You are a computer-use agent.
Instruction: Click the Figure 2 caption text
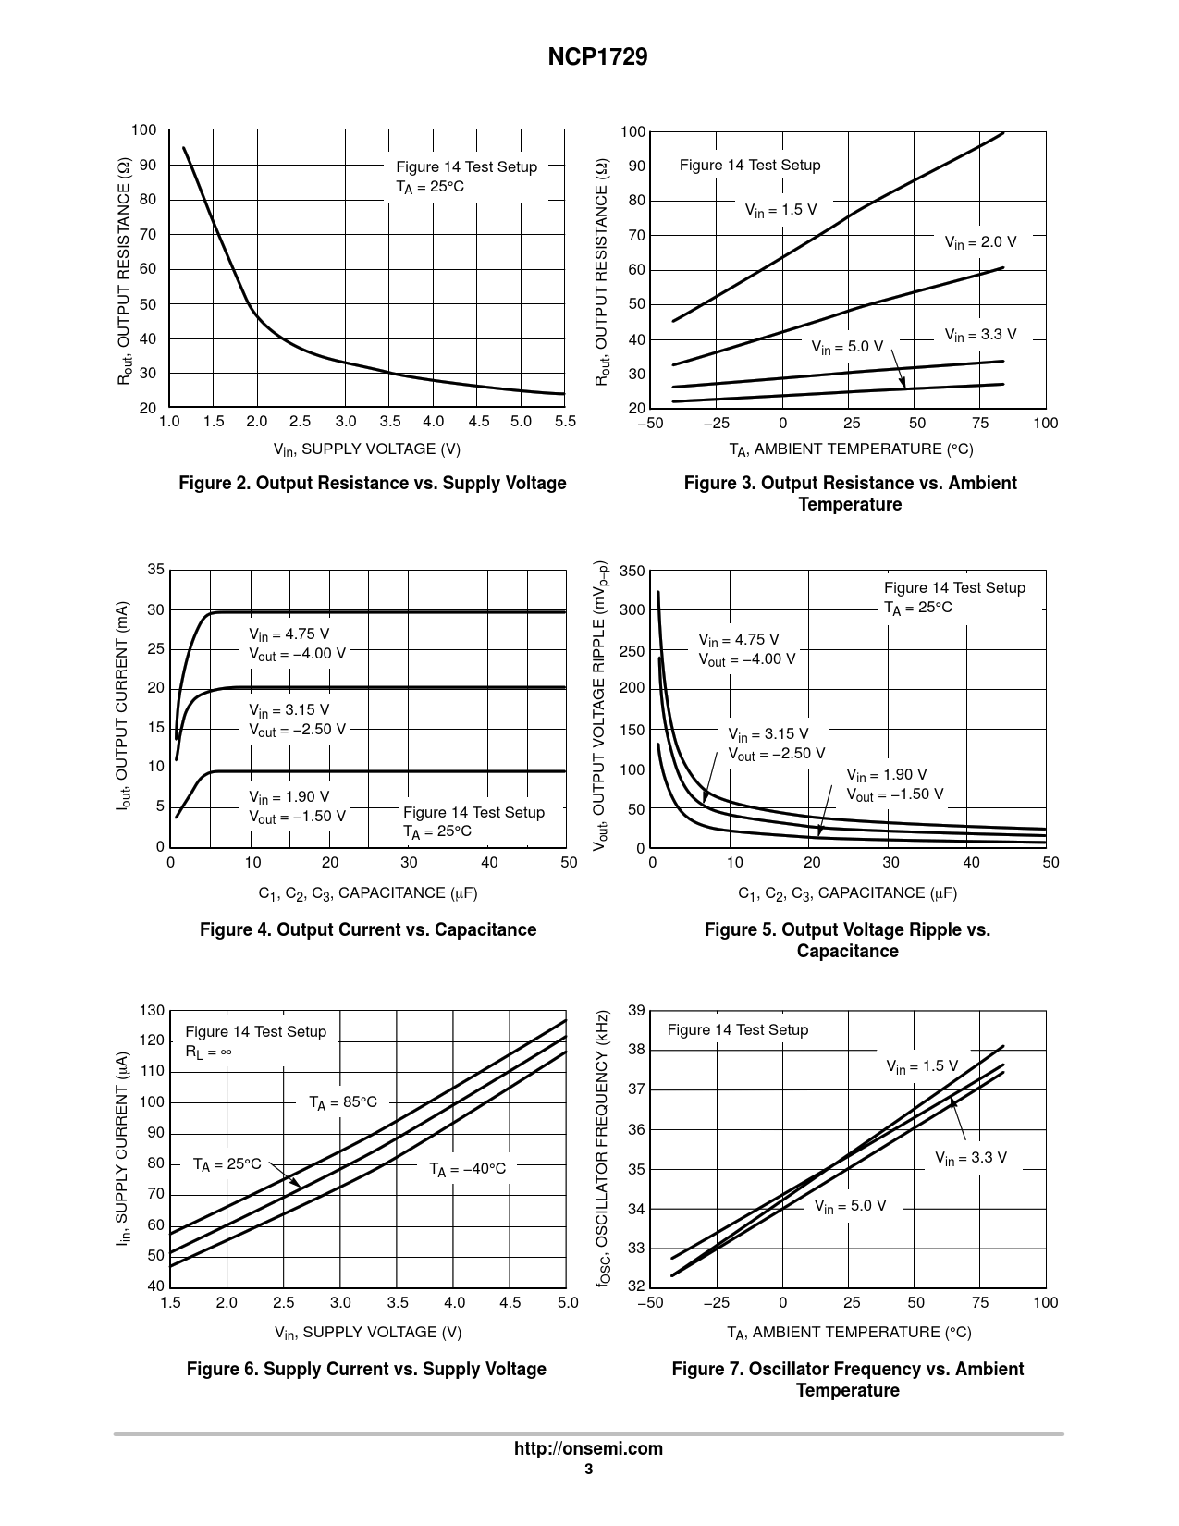[372, 484]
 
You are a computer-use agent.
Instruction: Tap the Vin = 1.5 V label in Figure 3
[780, 210]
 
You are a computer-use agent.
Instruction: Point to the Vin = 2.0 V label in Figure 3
[979, 242]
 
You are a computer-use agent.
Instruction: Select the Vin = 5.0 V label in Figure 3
[847, 347]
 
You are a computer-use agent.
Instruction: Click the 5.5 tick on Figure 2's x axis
[565, 422]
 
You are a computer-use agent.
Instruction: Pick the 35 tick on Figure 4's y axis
[155, 570]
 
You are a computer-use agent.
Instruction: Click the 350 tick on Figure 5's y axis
[632, 572]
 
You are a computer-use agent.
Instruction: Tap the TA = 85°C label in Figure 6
[343, 1102]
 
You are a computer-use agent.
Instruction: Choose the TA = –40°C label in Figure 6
[467, 1169]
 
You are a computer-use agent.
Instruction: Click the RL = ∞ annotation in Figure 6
[208, 1052]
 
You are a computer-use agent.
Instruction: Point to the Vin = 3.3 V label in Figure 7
[970, 1158]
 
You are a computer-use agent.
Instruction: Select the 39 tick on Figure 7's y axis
[636, 1010]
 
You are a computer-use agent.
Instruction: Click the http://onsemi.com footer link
[588, 1449]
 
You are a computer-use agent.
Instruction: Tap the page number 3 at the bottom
[588, 1471]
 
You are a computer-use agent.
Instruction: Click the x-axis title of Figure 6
[368, 1332]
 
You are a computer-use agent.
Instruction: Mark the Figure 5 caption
[847, 941]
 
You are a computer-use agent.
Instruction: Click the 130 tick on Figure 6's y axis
[153, 1011]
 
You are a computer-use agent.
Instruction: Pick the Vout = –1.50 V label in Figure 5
[894, 794]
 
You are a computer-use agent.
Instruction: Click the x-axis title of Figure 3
[851, 449]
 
